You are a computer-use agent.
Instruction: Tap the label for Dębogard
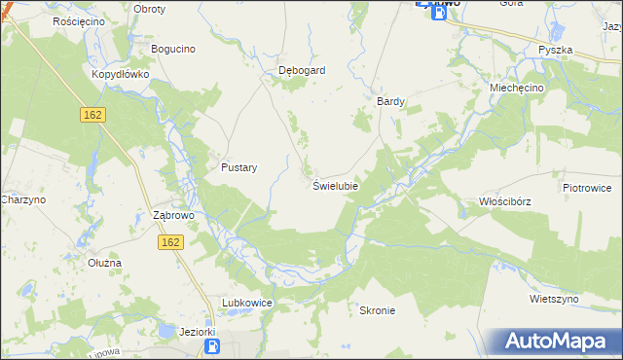pyautogui.click(x=301, y=70)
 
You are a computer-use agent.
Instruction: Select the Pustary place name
pyautogui.click(x=238, y=167)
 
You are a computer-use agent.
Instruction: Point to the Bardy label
pyautogui.click(x=390, y=100)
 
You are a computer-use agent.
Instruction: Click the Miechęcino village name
pyautogui.click(x=517, y=87)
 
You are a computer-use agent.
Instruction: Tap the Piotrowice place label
pyautogui.click(x=586, y=186)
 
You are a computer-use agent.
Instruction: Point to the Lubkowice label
pyautogui.click(x=246, y=304)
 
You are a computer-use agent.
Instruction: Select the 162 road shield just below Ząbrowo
pyautogui.click(x=170, y=241)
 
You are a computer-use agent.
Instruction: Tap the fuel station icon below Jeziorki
pyautogui.click(x=211, y=346)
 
